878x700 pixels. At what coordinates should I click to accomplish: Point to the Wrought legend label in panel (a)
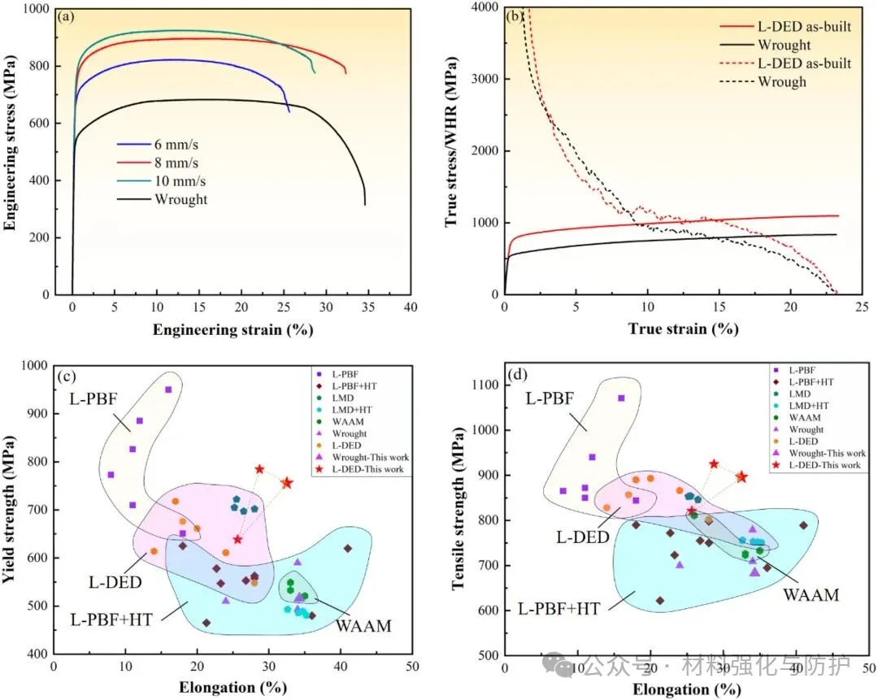pyautogui.click(x=180, y=199)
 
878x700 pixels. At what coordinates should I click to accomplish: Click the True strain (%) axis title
pyautogui.click(x=683, y=329)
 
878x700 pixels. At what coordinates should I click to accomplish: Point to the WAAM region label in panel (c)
pyautogui.click(x=364, y=626)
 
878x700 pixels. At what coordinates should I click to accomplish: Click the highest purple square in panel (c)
pyautogui.click(x=168, y=389)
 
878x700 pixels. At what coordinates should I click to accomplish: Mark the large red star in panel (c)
pyautogui.click(x=287, y=483)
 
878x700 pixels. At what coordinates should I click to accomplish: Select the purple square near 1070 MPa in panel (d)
pyautogui.click(x=621, y=398)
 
